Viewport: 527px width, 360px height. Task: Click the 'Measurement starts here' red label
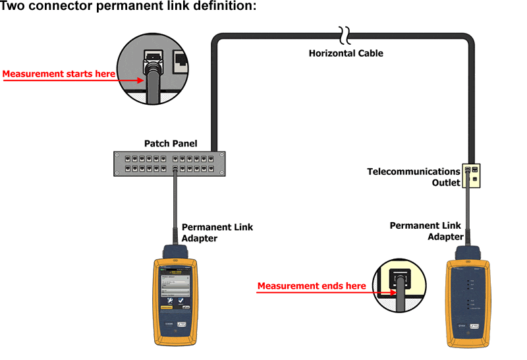pyautogui.click(x=59, y=74)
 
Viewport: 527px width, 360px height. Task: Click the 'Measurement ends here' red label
pyautogui.click(x=311, y=286)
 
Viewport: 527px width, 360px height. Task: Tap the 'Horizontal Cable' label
pyautogui.click(x=346, y=53)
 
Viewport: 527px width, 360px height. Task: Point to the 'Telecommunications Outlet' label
pyautogui.click(x=414, y=177)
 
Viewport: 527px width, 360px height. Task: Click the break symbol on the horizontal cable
pyautogui.click(x=343, y=33)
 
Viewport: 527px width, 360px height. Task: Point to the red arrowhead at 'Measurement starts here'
pyautogui.click(x=140, y=77)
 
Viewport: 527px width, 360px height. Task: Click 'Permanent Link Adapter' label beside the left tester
pyautogui.click(x=217, y=232)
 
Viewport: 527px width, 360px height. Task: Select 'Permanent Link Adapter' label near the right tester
pyautogui.click(x=427, y=230)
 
